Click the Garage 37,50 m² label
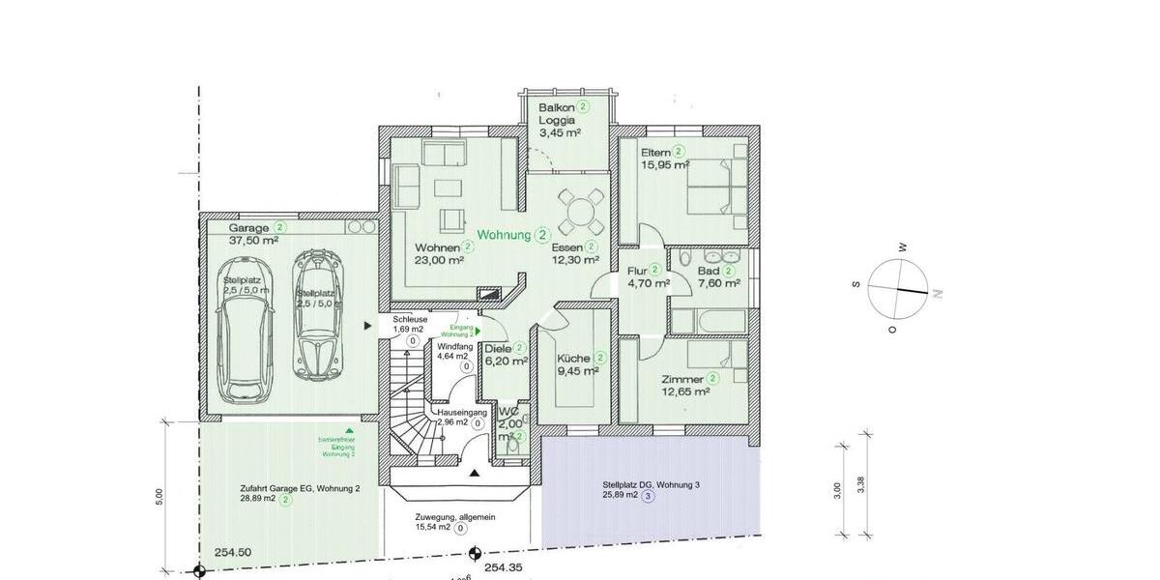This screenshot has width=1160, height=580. pos(253,234)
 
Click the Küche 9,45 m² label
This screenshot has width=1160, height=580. pos(577,363)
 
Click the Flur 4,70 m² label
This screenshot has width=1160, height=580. pos(648,276)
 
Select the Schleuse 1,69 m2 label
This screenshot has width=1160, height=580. pos(410,324)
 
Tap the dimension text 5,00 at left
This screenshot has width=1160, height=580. pos(159,495)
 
